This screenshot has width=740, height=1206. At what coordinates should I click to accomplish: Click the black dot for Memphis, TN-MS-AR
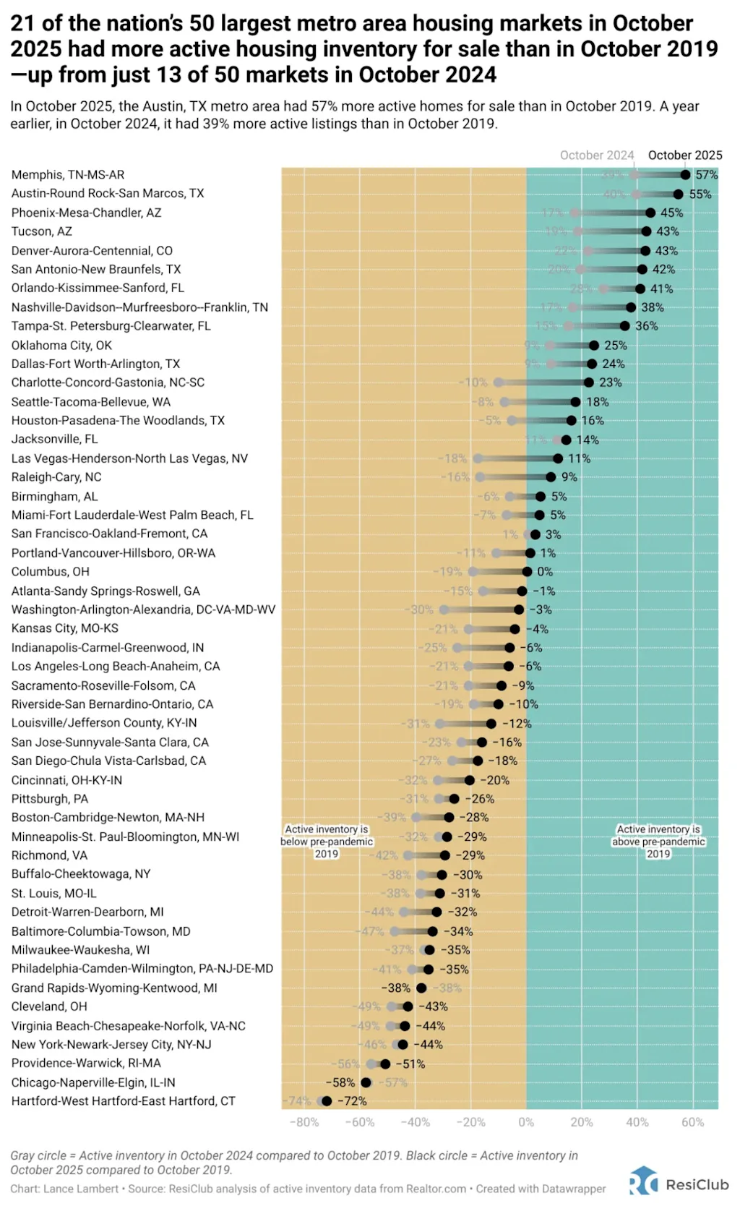[x=685, y=175]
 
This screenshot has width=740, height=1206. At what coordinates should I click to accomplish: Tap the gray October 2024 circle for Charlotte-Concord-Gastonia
[x=499, y=382]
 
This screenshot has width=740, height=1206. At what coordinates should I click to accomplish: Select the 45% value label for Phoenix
[x=671, y=213]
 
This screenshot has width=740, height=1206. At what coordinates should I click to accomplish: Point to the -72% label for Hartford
[x=352, y=1101]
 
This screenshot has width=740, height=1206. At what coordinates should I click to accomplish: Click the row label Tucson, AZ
[x=42, y=231]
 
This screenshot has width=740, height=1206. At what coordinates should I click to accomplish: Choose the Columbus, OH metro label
[x=51, y=571]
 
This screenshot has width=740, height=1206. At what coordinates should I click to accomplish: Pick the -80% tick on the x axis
[x=304, y=1122]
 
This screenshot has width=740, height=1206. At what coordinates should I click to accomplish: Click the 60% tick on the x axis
[x=692, y=1122]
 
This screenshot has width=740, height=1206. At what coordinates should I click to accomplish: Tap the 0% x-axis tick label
[x=526, y=1122]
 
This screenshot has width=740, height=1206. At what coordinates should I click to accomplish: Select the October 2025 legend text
[x=685, y=155]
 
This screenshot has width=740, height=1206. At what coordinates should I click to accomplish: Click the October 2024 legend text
[x=597, y=155]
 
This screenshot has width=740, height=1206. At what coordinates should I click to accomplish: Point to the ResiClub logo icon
[x=644, y=1180]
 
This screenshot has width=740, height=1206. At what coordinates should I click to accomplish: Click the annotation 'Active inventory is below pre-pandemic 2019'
[x=327, y=842]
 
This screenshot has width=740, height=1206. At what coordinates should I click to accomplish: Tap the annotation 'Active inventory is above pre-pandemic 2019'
[x=658, y=842]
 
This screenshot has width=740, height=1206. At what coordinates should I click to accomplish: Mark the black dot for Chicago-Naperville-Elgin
[x=366, y=1082]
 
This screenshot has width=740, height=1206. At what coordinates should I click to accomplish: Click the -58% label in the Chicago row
[x=340, y=1082]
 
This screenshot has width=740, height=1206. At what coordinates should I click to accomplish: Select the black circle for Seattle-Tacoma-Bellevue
[x=575, y=402]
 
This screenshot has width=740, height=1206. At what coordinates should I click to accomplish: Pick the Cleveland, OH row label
[x=49, y=1006]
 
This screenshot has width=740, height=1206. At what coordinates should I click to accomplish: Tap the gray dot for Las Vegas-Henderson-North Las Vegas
[x=478, y=458]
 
